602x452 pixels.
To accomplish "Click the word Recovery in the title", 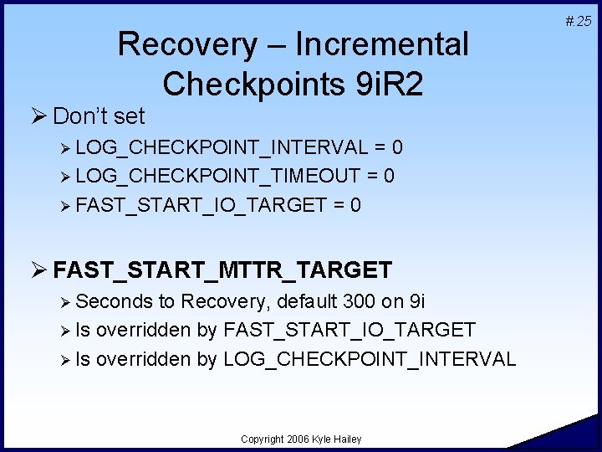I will pos(187,44).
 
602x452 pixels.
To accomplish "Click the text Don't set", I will pos(99,116).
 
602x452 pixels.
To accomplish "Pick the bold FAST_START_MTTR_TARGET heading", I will pos(222,270).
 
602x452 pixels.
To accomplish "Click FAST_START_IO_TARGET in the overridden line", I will pos(349,331).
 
